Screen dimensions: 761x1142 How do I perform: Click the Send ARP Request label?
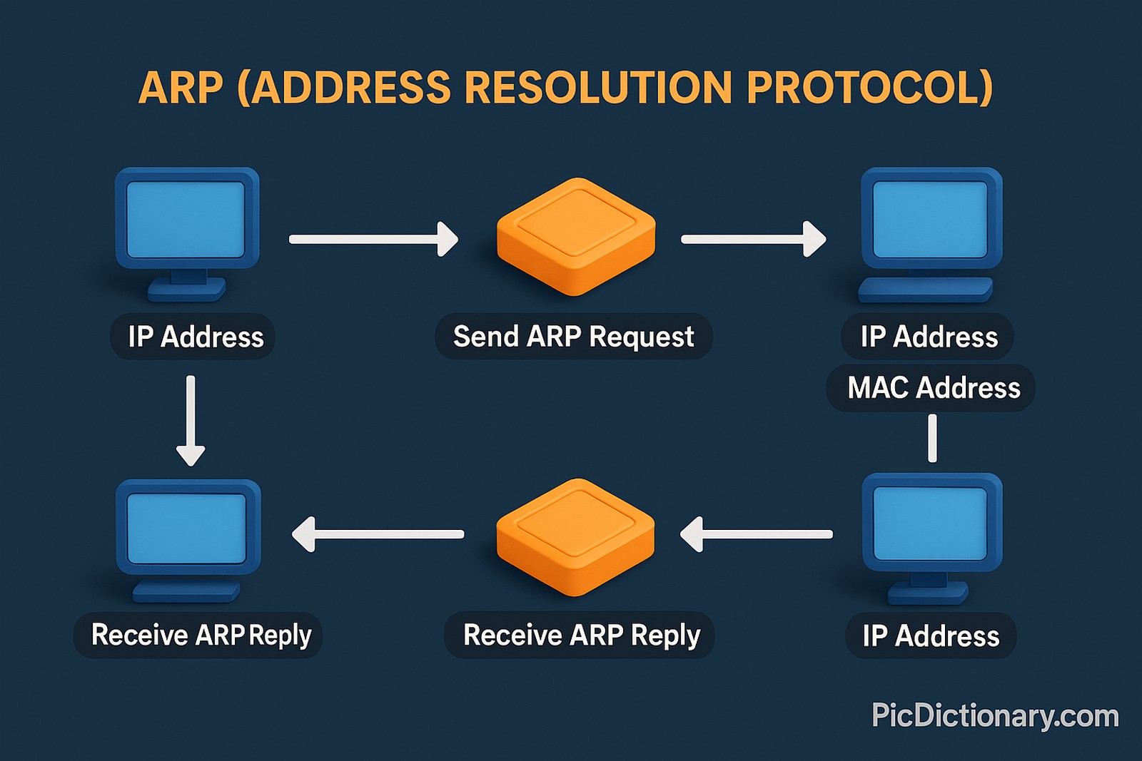pyautogui.click(x=573, y=336)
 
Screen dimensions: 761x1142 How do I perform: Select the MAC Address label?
pyautogui.click(x=933, y=388)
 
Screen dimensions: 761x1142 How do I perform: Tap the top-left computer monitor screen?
pyautogui.click(x=186, y=219)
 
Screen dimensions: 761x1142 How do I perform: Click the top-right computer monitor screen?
pyautogui.click(x=930, y=219)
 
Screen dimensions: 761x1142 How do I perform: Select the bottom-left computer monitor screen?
pyautogui.click(x=186, y=528)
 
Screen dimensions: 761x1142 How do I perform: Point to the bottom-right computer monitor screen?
pyautogui.click(x=930, y=523)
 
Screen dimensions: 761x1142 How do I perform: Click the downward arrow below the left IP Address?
pyautogui.click(x=191, y=421)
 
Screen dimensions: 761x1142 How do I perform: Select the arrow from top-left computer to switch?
pyautogui.click(x=373, y=239)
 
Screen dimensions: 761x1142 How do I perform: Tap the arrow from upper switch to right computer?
pyautogui.click(x=753, y=239)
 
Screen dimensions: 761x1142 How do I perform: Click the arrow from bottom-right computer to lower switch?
pyautogui.click(x=757, y=534)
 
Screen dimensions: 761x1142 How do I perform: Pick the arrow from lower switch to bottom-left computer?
pyautogui.click(x=378, y=534)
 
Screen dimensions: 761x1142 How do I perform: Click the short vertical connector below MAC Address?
pyautogui.click(x=932, y=438)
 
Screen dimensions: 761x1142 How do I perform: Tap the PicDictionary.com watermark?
pyautogui.click(x=994, y=715)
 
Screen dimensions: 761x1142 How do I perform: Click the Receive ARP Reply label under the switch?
pyautogui.click(x=581, y=635)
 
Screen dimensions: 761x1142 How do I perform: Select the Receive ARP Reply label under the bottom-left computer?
pyautogui.click(x=201, y=635)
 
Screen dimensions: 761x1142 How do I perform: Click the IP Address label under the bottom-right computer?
pyautogui.click(x=930, y=635)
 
